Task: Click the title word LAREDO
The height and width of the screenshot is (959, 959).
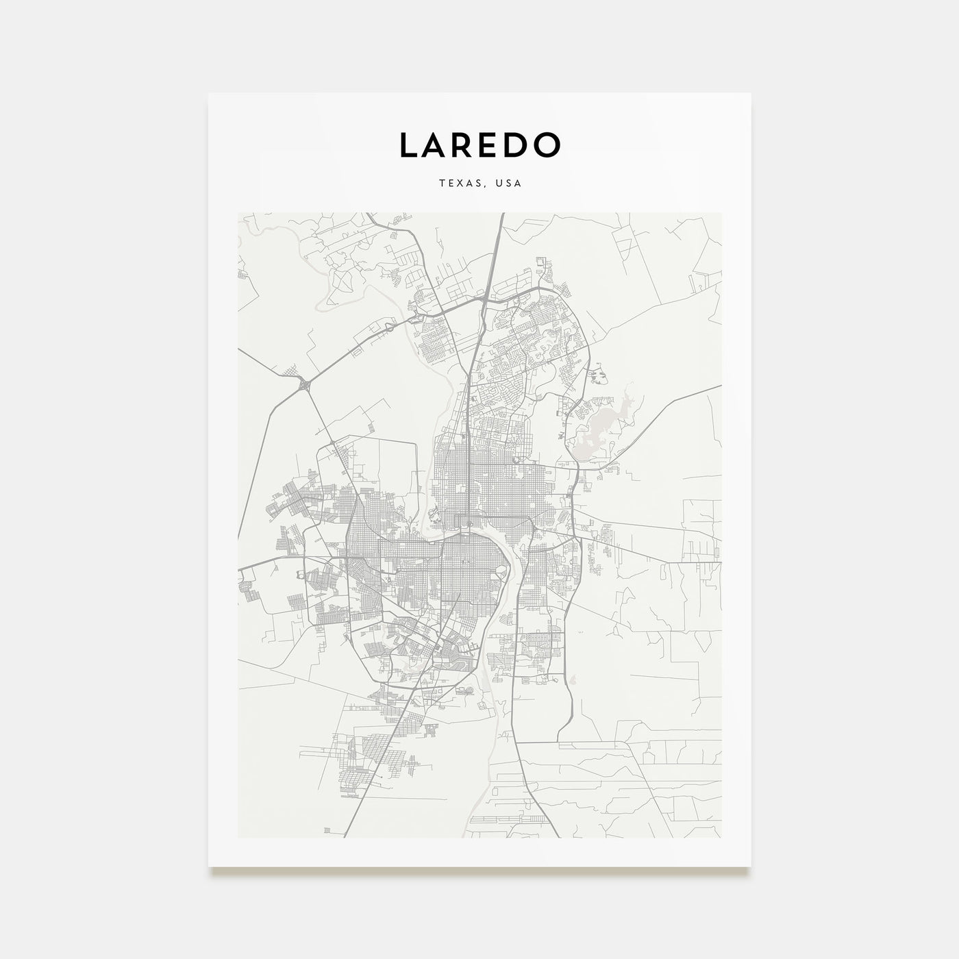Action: click(480, 145)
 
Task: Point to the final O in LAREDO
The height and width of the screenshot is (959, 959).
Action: click(549, 145)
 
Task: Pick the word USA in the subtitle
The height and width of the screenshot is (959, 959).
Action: click(509, 184)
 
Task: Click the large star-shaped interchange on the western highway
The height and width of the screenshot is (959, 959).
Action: click(303, 386)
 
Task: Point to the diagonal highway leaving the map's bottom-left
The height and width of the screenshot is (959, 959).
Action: click(346, 832)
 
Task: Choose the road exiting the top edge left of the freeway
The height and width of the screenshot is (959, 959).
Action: click(369, 215)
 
